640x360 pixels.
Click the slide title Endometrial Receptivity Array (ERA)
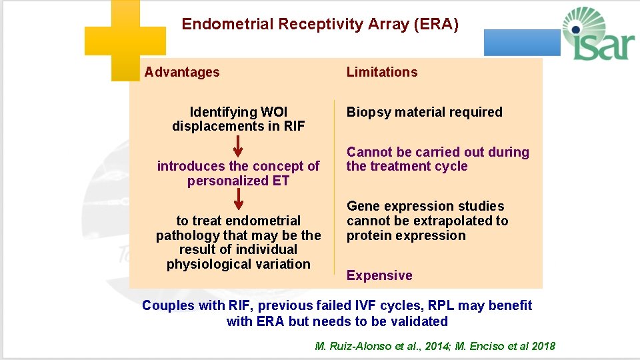point(320,25)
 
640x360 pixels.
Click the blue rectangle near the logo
point(522,43)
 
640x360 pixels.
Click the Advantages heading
point(182,72)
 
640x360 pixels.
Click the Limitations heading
point(382,72)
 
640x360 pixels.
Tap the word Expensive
point(379,275)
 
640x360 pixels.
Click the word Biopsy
point(367,112)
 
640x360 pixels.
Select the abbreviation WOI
point(274,112)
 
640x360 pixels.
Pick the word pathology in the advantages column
point(185,235)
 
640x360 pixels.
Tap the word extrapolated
point(448,221)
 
